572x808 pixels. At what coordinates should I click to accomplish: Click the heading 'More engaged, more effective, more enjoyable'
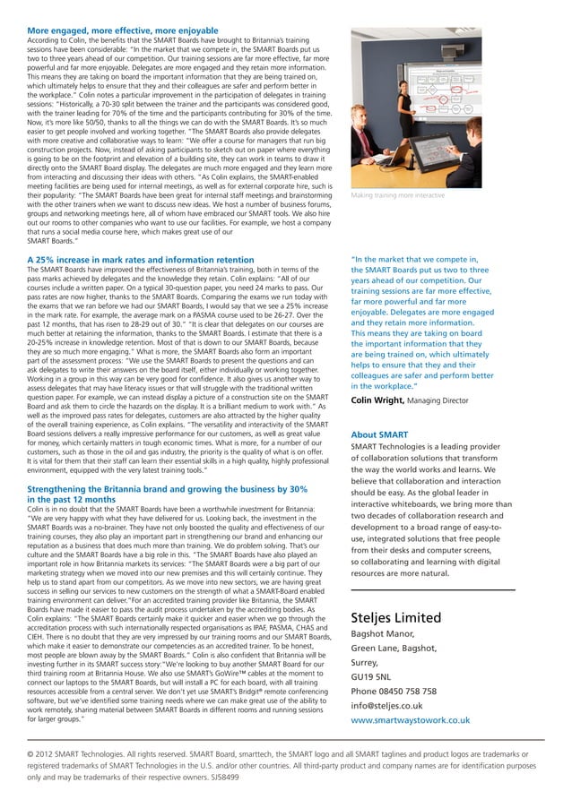point(117,30)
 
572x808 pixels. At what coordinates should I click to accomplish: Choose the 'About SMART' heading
point(380,435)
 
